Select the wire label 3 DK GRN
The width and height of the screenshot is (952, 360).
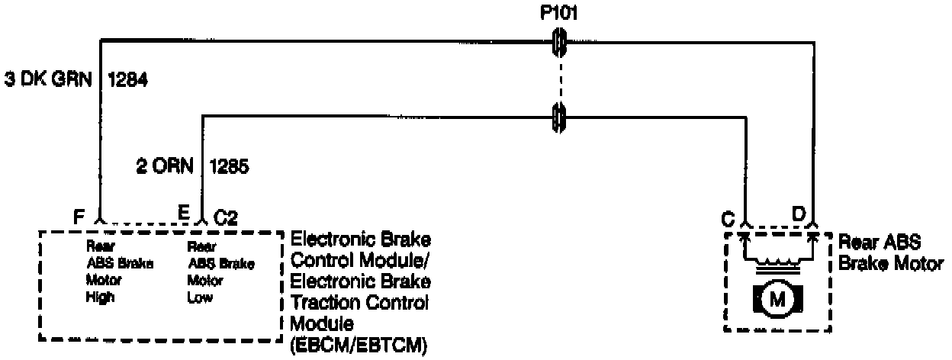[47, 79]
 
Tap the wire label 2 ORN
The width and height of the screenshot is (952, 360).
[164, 165]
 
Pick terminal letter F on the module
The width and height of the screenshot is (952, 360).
[78, 217]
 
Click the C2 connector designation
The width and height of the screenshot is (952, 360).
[226, 218]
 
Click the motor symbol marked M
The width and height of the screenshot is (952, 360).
[777, 299]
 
